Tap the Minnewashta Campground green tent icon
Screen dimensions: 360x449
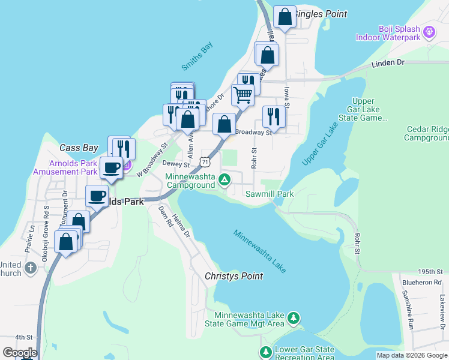(x=224, y=179)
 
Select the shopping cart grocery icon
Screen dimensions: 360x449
(x=243, y=94)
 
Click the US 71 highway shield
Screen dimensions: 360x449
(x=206, y=162)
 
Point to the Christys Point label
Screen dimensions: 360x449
(x=234, y=276)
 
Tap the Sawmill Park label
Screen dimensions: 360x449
(x=270, y=194)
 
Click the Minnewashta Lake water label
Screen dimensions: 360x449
(x=259, y=251)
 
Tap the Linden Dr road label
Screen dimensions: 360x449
(x=388, y=62)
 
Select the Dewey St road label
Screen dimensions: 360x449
(x=176, y=163)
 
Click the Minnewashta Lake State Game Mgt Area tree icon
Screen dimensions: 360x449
(x=293, y=317)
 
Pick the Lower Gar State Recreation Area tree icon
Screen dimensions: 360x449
(x=265, y=351)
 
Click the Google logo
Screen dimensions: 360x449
(x=20, y=353)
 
